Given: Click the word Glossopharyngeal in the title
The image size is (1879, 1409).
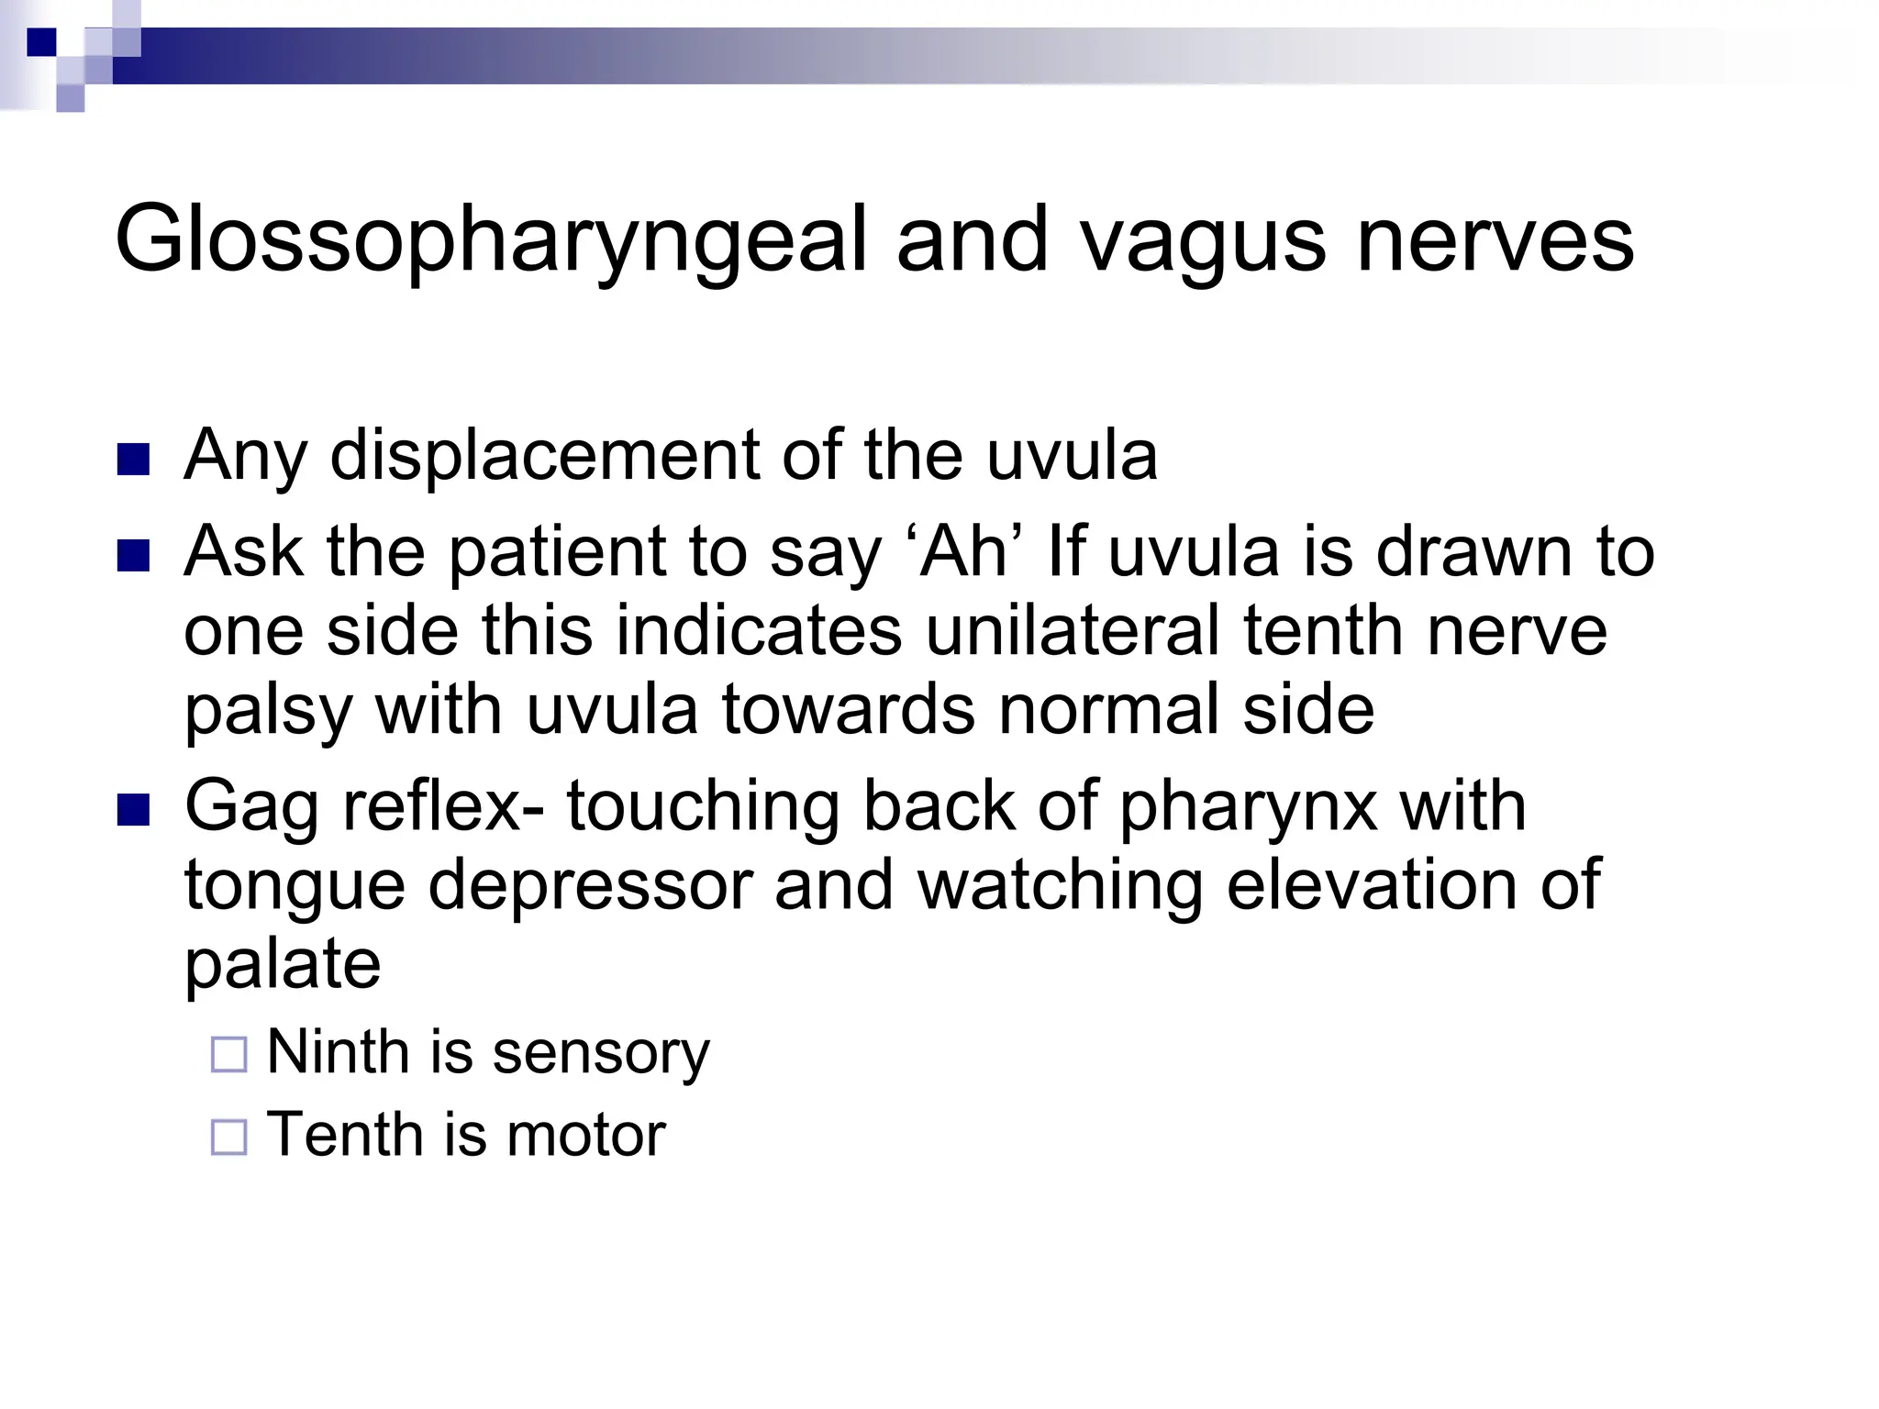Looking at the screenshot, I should pyautogui.click(x=490, y=240).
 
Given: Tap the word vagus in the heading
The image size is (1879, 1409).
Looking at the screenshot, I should pyautogui.click(x=1202, y=240).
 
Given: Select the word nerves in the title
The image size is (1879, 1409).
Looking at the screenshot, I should pyautogui.click(x=1495, y=240).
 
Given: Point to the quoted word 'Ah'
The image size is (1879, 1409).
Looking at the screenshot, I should pyautogui.click(x=971, y=552).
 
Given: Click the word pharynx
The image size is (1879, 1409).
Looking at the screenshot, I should pyautogui.click(x=1248, y=807).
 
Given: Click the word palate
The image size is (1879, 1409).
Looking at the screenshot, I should pyautogui.click(x=283, y=965).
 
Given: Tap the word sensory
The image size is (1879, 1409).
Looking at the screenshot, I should pyautogui.click(x=601, y=1052).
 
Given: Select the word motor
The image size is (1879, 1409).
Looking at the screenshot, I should pyautogui.click(x=585, y=1135).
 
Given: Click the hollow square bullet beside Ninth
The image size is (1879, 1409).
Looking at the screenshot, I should pyautogui.click(x=229, y=1055).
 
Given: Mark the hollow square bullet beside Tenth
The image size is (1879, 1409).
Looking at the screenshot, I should pyautogui.click(x=229, y=1137).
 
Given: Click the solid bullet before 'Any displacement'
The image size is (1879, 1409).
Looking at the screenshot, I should pyautogui.click(x=134, y=460).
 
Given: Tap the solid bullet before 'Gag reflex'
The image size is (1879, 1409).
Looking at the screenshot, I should pyautogui.click(x=134, y=811).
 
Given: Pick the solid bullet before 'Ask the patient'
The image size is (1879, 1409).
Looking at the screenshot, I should pyautogui.click(x=134, y=556).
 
